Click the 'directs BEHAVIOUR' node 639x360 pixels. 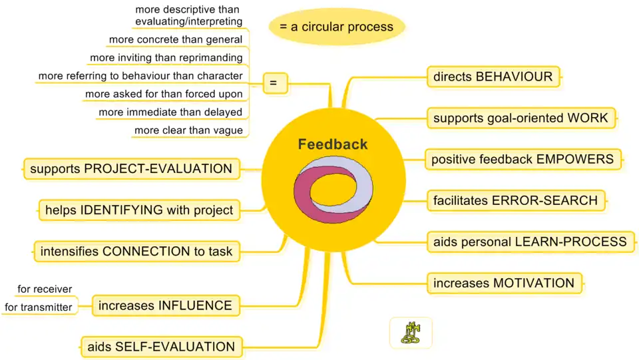pyautogui.click(x=493, y=77)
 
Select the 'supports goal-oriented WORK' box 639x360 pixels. pyautogui.click(x=521, y=118)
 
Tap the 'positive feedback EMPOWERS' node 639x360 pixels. pyautogui.click(x=523, y=159)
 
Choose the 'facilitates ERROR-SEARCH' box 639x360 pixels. pyautogui.click(x=515, y=200)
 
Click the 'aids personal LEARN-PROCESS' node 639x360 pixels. pyautogui.click(x=530, y=241)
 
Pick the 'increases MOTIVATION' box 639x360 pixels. pyautogui.click(x=504, y=283)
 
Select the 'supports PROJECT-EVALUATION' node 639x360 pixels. pyautogui.click(x=131, y=168)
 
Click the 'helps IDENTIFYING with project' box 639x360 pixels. pyautogui.click(x=139, y=210)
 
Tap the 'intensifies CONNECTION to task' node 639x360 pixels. pyautogui.click(x=136, y=252)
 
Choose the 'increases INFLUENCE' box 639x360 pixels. pyautogui.click(x=165, y=305)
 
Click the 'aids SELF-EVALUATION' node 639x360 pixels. pyautogui.click(x=161, y=346)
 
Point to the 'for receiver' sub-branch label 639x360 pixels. pyautogui.click(x=45, y=289)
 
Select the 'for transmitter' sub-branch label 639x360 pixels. pyautogui.click(x=38, y=307)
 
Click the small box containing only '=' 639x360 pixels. pyautogui.click(x=274, y=83)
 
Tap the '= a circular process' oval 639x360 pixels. pyautogui.click(x=336, y=27)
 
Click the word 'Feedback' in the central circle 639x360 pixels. pyautogui.click(x=333, y=144)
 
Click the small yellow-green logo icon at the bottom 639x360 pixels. pyautogui.click(x=411, y=332)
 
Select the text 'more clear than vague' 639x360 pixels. pyautogui.click(x=188, y=130)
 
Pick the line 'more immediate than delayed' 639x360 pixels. pyautogui.click(x=170, y=112)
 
